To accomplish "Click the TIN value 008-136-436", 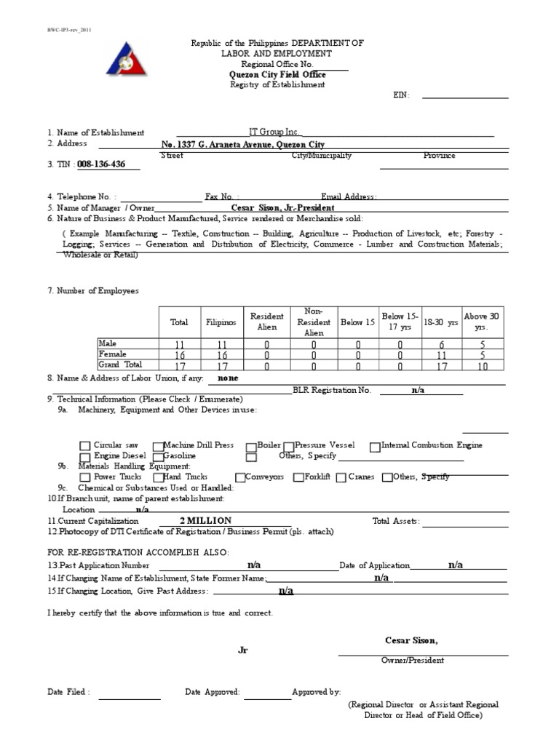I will point(101,164).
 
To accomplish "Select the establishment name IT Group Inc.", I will point(274,132).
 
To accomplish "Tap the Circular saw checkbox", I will point(85,446).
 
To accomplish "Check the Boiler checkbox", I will point(252,446).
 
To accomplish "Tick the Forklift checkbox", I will point(298,477).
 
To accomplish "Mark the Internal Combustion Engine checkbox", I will point(375,446).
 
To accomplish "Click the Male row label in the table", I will point(108,343).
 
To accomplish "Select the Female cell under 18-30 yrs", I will point(441,355).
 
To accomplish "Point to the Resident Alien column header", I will point(266,322).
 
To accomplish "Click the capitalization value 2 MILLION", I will point(205,521).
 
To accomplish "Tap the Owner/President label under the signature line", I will point(413,661).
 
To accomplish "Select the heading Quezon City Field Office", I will point(275,74).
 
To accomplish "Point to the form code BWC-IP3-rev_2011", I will point(69,31).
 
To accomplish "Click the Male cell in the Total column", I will point(179,345).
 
